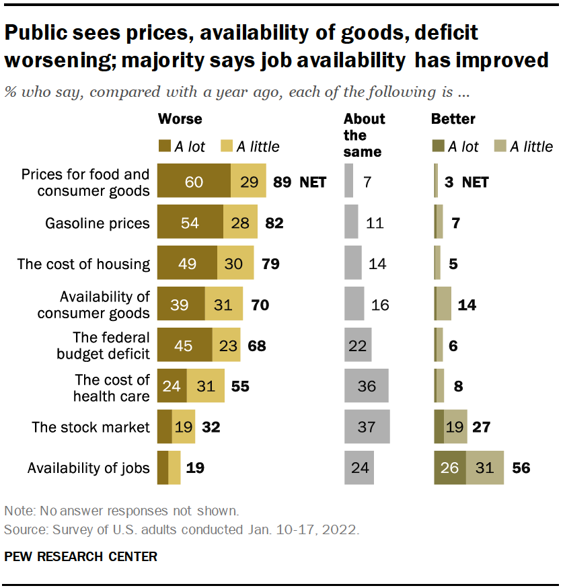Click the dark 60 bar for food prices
pos(194,181)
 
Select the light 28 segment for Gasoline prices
pos(239,223)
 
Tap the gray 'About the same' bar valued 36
pos(367,386)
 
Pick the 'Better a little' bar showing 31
pos(484,468)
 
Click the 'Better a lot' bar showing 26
pos(450,468)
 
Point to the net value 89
pos(282,182)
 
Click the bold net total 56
pos(521,468)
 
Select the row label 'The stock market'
pos(91,427)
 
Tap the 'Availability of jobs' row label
pos(88,468)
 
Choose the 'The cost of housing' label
pos(83,263)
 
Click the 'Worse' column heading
pos(180,119)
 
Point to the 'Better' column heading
pos(453,119)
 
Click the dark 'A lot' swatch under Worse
pos(164,145)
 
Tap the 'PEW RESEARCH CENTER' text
pos(81,556)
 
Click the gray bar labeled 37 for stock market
pos(367,427)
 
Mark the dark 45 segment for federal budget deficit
pos(184,345)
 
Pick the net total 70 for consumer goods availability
pos(259,305)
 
